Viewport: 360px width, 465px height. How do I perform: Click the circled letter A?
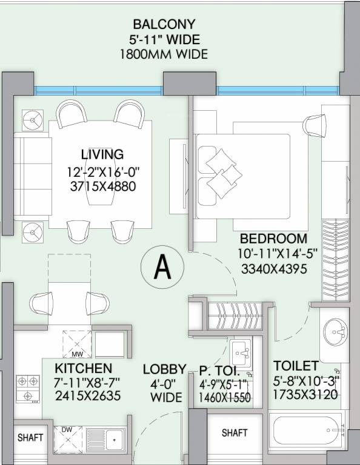pyautogui.click(x=162, y=266)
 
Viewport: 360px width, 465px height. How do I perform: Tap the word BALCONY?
pyautogui.click(x=164, y=24)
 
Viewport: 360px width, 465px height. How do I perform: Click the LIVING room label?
pyautogui.click(x=102, y=154)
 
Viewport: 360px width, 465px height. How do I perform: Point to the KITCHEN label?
pyautogui.click(x=84, y=368)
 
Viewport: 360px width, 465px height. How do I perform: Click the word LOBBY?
pyautogui.click(x=164, y=369)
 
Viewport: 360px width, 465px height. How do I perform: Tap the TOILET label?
pyautogui.click(x=296, y=366)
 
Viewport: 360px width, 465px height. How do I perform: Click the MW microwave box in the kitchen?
pyautogui.click(x=77, y=345)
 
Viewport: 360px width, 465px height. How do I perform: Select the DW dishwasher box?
pyautogui.click(x=68, y=440)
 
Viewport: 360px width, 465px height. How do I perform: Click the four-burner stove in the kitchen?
pyautogui.click(x=28, y=389)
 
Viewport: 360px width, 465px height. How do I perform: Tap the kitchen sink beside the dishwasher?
pyautogui.click(x=105, y=440)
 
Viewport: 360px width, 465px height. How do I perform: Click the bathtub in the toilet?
pyautogui.click(x=307, y=430)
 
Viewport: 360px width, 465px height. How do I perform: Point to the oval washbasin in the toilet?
pyautogui.click(x=335, y=332)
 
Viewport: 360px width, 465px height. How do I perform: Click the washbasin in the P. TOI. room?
pyautogui.click(x=242, y=352)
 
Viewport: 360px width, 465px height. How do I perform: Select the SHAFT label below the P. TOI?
pyautogui.click(x=235, y=433)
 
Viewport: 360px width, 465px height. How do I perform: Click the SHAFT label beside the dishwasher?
pyautogui.click(x=30, y=437)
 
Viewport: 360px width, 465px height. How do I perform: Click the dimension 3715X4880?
pyautogui.click(x=103, y=186)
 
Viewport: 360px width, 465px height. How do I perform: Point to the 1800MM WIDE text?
pyautogui.click(x=164, y=54)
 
